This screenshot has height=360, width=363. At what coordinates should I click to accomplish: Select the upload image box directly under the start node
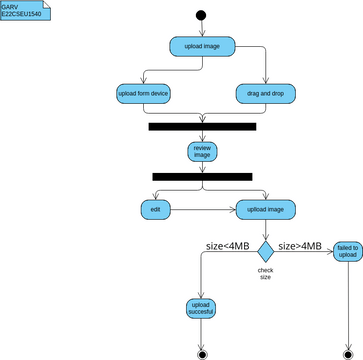tap(203, 47)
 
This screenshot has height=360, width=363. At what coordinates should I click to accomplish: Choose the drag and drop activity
tap(266, 93)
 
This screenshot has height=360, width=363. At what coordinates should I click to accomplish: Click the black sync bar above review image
tap(203, 126)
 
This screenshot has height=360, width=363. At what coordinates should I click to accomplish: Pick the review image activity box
tap(203, 152)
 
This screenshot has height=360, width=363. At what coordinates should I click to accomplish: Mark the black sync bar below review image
tap(203, 177)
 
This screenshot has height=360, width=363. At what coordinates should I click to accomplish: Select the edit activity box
tap(155, 210)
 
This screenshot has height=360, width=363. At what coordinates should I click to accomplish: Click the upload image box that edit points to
tap(265, 210)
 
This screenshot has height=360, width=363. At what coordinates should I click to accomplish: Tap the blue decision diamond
tap(265, 247)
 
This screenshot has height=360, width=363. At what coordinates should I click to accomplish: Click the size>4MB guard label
tap(299, 245)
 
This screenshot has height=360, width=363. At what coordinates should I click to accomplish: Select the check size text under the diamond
tap(265, 273)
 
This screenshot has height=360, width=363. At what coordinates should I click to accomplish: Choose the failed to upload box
tap(347, 251)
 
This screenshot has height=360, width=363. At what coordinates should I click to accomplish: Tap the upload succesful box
tap(202, 309)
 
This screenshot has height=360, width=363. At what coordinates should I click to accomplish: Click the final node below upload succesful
tap(202, 352)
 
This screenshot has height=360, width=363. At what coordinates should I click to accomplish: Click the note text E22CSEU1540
tap(22, 15)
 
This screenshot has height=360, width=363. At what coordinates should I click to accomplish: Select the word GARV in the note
tap(10, 6)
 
